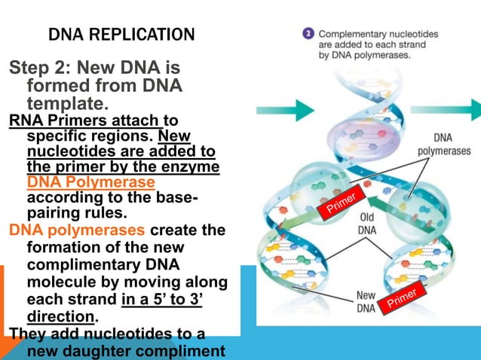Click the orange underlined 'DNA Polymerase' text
tap(90, 182)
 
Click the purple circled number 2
tap(308, 34)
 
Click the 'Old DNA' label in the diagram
tap(366, 224)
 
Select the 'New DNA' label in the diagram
tap(366, 301)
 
